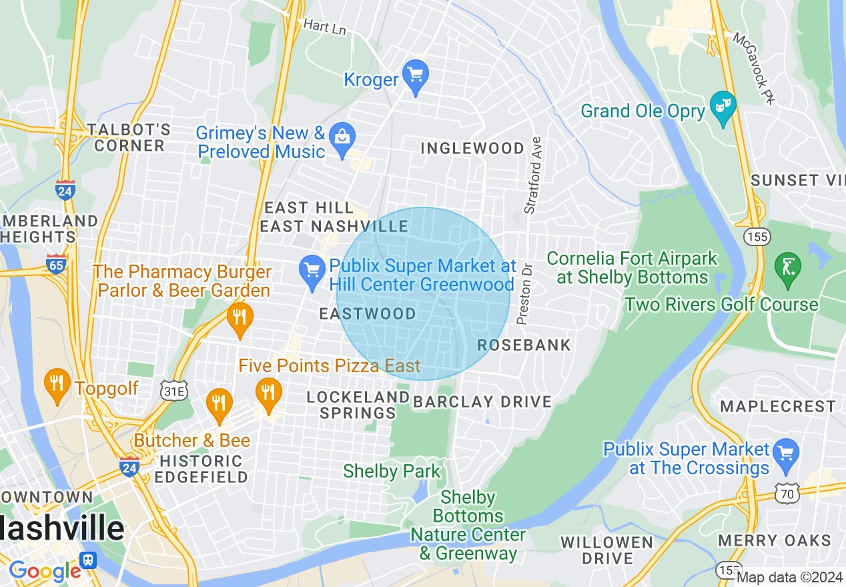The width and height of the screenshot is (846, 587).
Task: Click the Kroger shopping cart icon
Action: point(416,77)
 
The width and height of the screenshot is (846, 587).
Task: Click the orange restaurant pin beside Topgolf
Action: point(57,385)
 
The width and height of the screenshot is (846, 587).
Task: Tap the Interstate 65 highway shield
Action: point(56,263)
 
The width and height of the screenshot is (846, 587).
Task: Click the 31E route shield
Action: point(172,391)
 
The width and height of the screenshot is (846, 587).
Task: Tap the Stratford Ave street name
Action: point(533,175)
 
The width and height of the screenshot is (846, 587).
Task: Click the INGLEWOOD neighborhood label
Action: point(472,148)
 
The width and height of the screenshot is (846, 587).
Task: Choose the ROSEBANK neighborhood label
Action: point(524,345)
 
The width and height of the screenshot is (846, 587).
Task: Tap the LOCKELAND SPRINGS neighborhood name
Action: point(358,405)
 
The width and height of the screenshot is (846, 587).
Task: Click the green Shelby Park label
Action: point(392,471)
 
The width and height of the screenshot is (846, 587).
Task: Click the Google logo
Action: point(45,571)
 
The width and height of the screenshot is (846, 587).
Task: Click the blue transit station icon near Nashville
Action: point(87,559)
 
